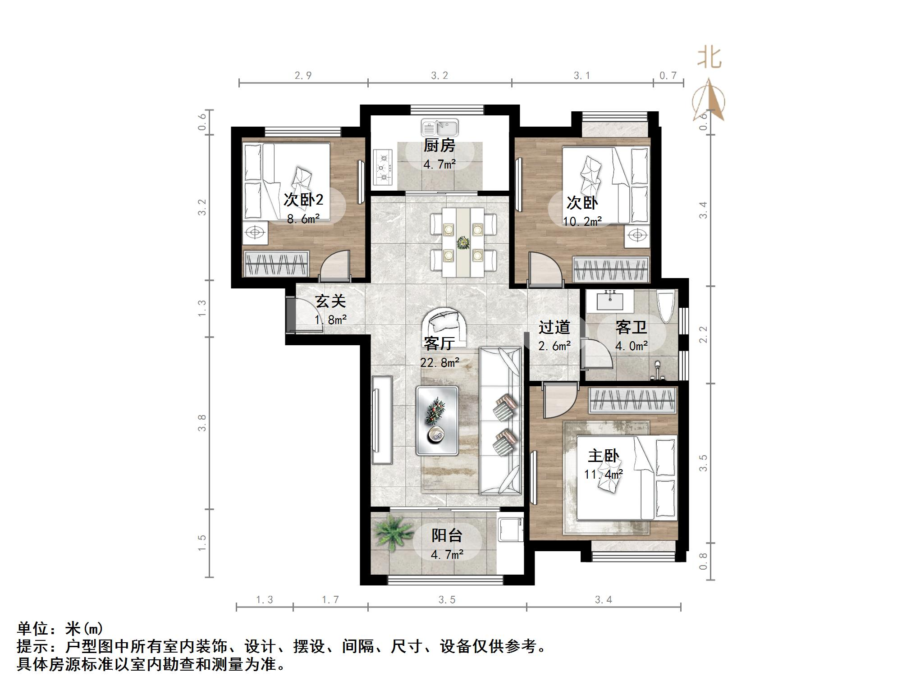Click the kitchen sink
pyautogui.click(x=439, y=128)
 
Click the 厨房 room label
pyautogui.click(x=439, y=146)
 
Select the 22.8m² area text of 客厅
pyautogui.click(x=439, y=362)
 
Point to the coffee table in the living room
pyautogui.click(x=437, y=420)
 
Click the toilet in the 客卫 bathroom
pyautogui.click(x=666, y=306)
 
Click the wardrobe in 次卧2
pyautogui.click(x=276, y=264)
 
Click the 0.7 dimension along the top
pyautogui.click(x=668, y=75)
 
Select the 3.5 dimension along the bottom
pyautogui.click(x=447, y=600)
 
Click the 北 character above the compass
pyautogui.click(x=709, y=59)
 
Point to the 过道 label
pyautogui.click(x=554, y=327)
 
